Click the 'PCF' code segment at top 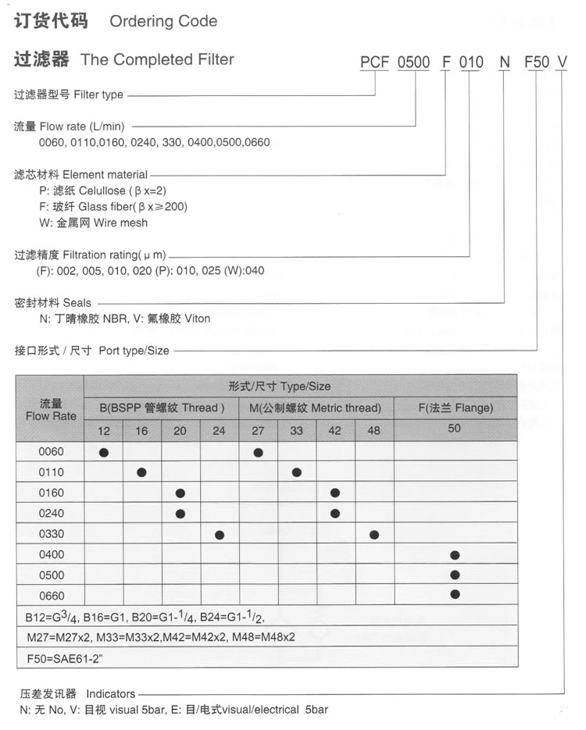tap(374, 62)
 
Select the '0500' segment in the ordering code tap(414, 62)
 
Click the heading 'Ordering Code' tap(163, 22)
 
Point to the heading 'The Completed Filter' tap(157, 59)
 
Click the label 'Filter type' tap(98, 95)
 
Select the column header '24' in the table tap(220, 431)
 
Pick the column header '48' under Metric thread tap(374, 431)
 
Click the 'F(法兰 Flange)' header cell tap(455, 408)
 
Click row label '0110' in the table tap(51, 472)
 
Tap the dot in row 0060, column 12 tap(104, 452)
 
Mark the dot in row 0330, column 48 tap(374, 535)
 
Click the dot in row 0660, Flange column tap(455, 594)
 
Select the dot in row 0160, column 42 tap(335, 493)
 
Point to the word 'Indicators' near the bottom tap(110, 693)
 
